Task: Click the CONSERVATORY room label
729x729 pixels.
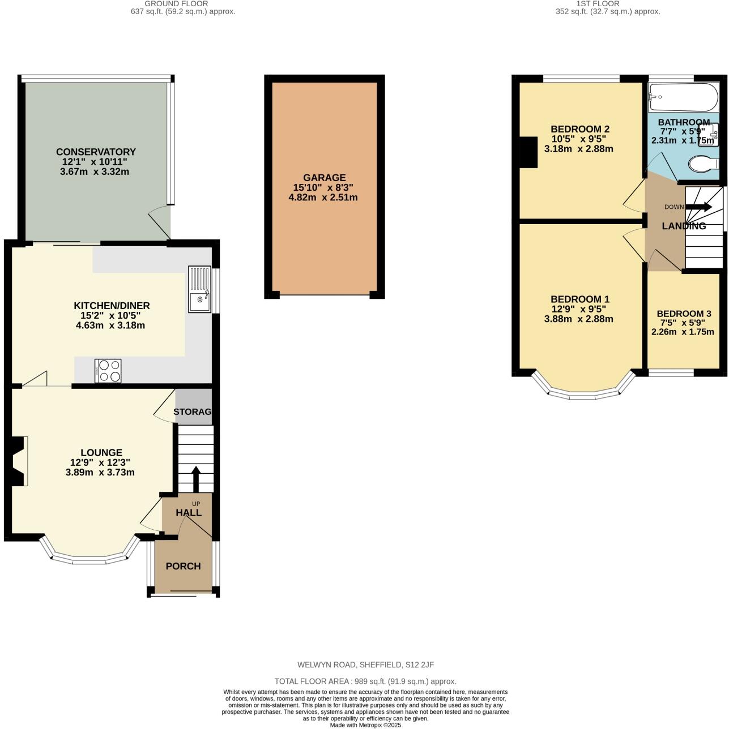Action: [96, 152]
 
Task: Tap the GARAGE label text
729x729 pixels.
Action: [323, 178]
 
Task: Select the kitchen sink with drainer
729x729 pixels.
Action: [199, 289]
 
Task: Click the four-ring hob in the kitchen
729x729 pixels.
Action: [108, 371]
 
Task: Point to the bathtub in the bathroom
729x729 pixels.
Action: [683, 97]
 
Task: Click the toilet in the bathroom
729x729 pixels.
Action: [703, 164]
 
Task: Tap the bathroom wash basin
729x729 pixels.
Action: [709, 135]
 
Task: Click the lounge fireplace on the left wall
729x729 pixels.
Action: [18, 461]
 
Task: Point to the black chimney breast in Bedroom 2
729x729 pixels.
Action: [528, 152]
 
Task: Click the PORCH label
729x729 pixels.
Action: [183, 566]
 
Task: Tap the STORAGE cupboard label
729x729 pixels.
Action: [193, 411]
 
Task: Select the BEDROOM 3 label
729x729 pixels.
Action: [684, 314]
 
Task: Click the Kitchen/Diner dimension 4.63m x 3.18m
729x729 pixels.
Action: [110, 325]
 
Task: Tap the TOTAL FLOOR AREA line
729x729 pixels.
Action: [365, 681]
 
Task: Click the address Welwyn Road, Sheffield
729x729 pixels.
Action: [365, 665]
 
